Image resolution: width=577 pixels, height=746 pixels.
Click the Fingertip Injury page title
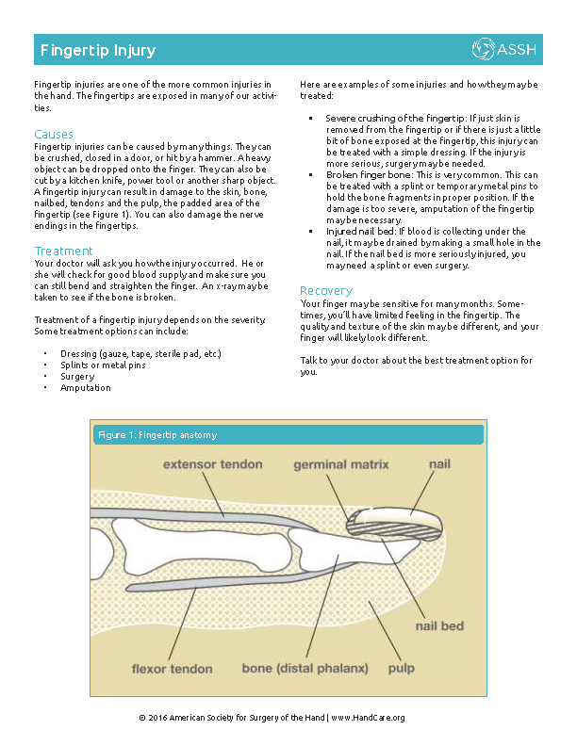click(x=95, y=50)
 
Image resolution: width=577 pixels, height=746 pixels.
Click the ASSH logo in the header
click(x=505, y=49)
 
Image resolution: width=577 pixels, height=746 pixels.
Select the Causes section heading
click(x=54, y=135)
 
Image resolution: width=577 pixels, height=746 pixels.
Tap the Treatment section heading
click(x=64, y=251)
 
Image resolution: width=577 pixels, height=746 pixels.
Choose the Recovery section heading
click(x=326, y=290)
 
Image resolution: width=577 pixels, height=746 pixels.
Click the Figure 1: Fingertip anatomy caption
click(x=157, y=435)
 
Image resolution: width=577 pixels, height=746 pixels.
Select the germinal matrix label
click(x=340, y=464)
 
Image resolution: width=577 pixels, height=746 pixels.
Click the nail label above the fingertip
click(x=440, y=464)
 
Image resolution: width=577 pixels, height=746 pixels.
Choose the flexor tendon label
click(x=173, y=669)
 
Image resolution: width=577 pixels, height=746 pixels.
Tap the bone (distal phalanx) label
click(x=305, y=669)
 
